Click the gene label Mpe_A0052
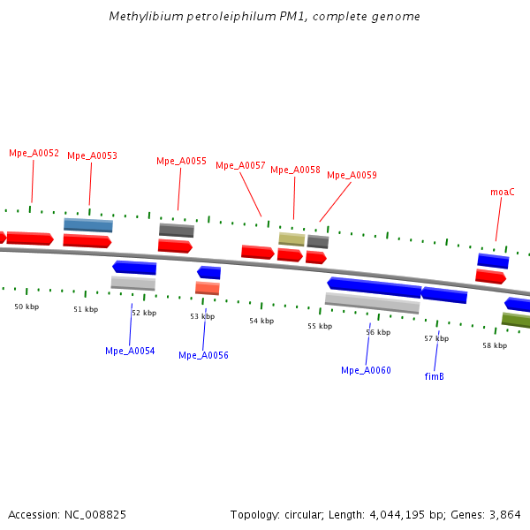coord(34,153)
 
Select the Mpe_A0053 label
coord(92,155)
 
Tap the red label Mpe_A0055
coord(181,161)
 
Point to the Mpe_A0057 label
coord(240,165)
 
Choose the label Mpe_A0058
coord(295,170)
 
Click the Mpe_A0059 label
coord(352,175)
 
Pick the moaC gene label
coord(502,192)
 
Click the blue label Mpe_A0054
coord(130,351)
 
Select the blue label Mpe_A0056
coord(203,355)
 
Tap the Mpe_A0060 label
coord(366,370)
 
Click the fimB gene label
coord(434,375)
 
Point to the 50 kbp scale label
coord(26,307)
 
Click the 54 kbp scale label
coord(261,321)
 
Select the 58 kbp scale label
coord(495,345)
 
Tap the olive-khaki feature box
coord(291,238)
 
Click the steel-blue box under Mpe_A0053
coord(87,225)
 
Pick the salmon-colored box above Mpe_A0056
coord(207,288)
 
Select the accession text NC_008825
coord(67,514)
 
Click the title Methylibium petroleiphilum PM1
coord(265,17)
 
